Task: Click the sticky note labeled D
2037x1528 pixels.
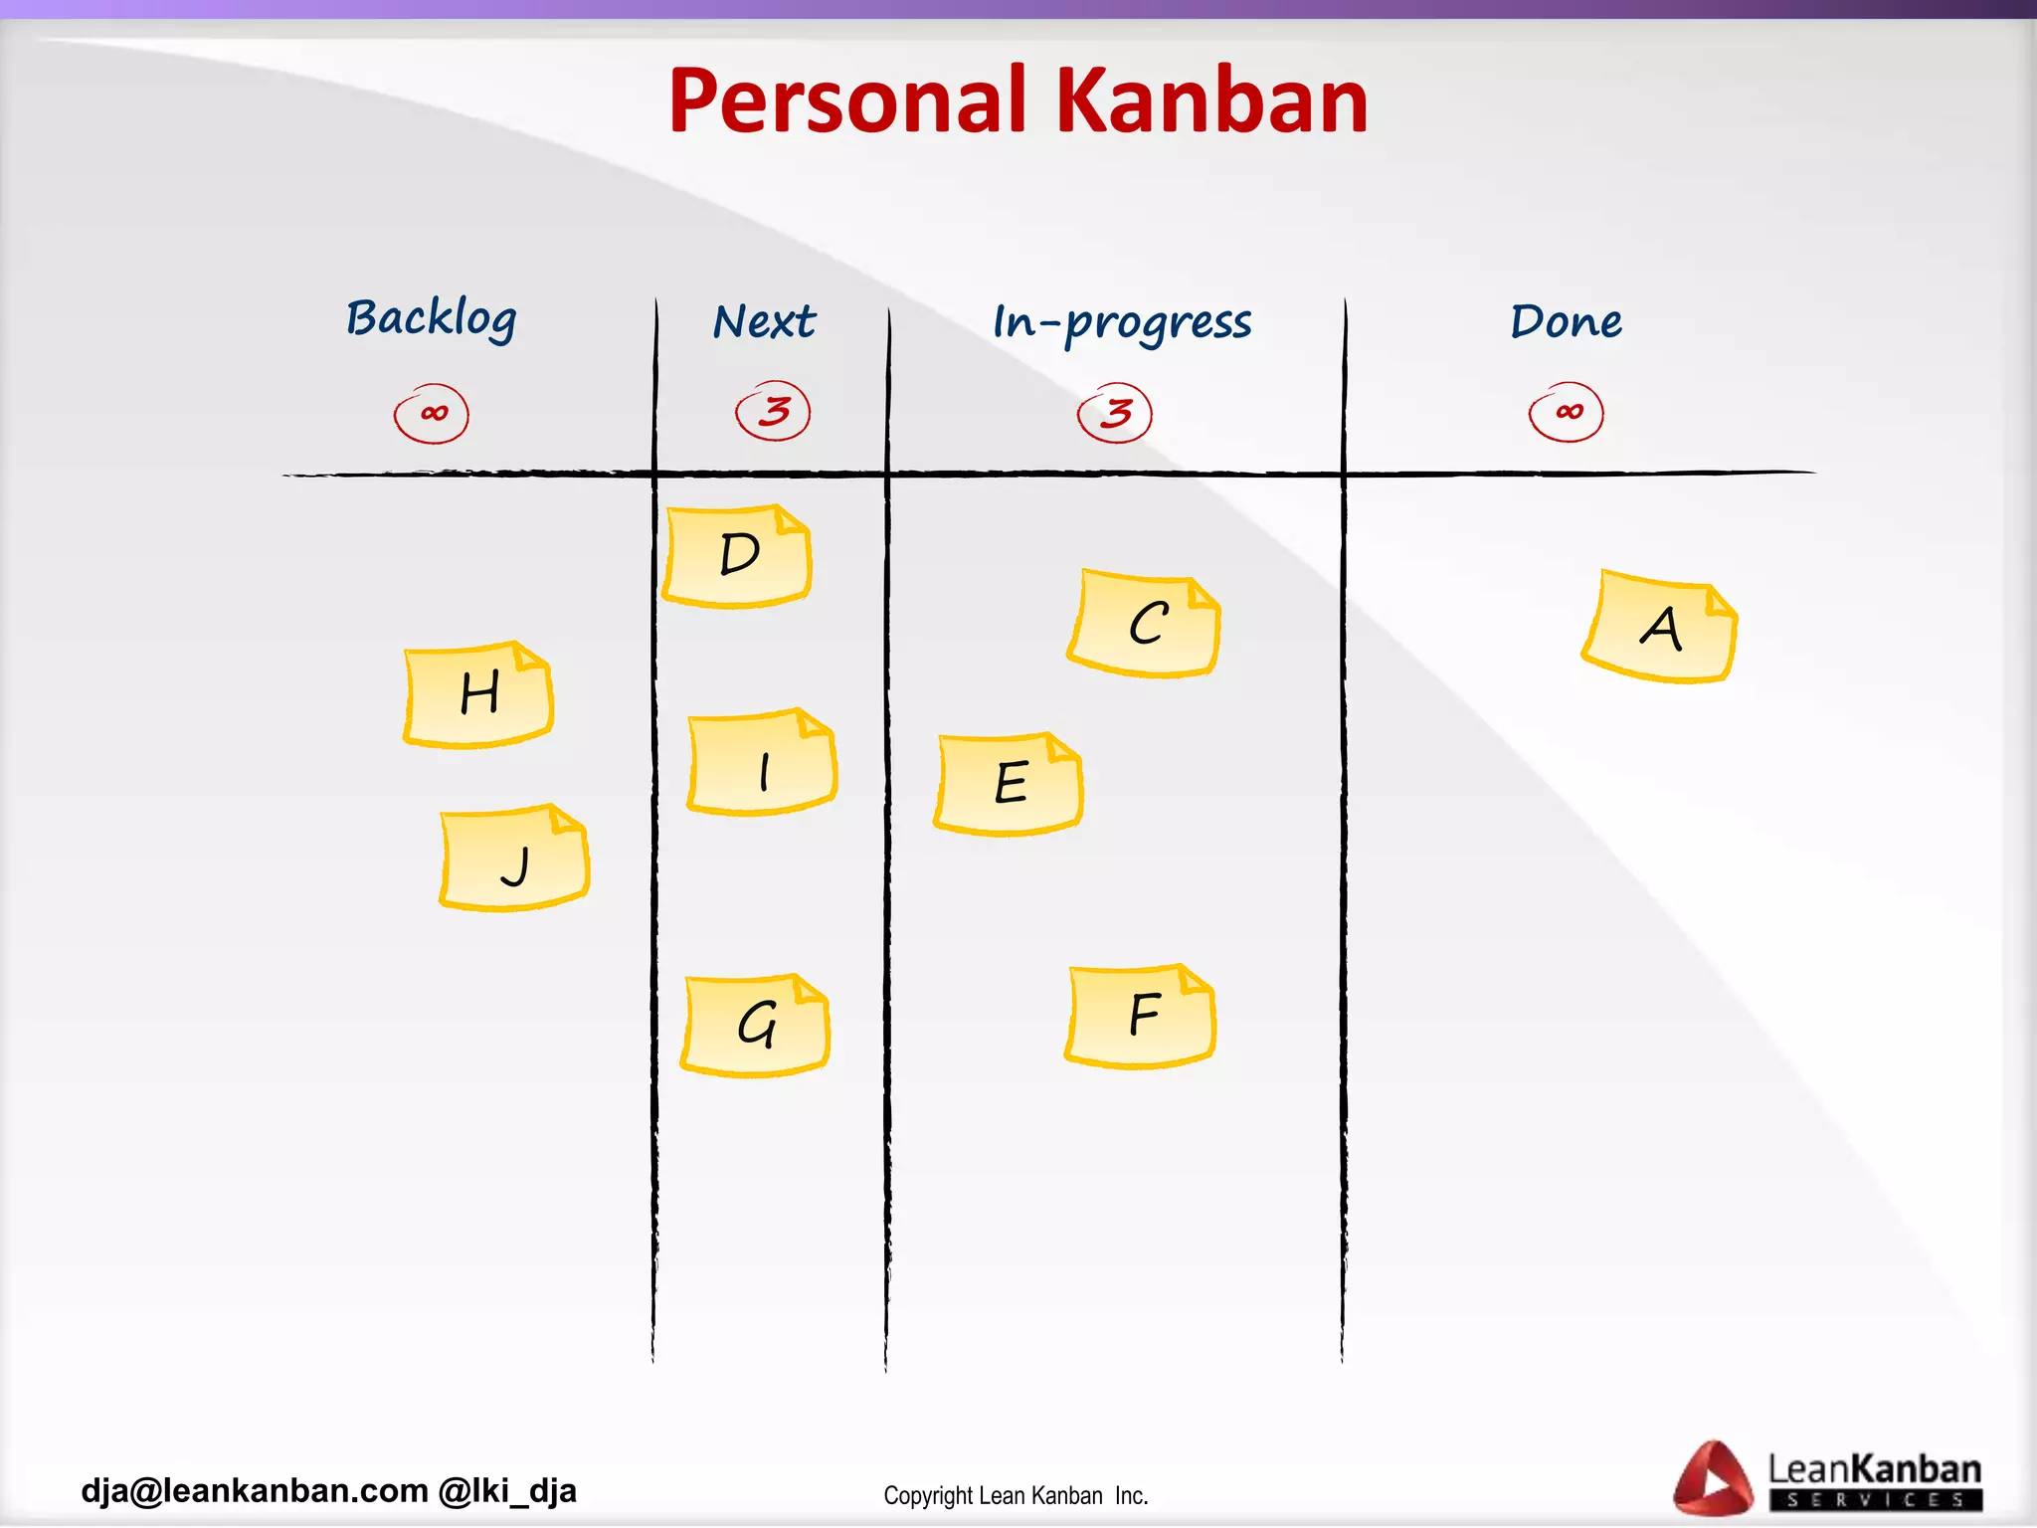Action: coord(737,556)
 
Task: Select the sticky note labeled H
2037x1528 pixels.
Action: coord(478,694)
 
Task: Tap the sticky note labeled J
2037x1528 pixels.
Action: coord(514,859)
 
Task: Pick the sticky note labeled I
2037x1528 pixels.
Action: coord(762,764)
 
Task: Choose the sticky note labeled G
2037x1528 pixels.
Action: coord(756,1025)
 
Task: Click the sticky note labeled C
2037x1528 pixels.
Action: coord(1145,625)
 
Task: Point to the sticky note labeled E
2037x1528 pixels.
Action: coord(1009,784)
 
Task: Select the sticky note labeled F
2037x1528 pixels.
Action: coord(1141,1016)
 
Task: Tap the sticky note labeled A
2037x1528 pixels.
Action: coord(1660,628)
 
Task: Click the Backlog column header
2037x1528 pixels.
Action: coord(432,319)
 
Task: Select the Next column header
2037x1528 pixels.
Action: coord(764,322)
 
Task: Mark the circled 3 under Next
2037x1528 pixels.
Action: coord(774,411)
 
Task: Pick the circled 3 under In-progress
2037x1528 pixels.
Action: coord(1115,413)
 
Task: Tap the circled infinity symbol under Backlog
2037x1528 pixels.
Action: coord(432,414)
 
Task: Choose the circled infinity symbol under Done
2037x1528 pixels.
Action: coord(1567,412)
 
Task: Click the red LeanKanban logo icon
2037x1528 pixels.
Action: coord(1713,1479)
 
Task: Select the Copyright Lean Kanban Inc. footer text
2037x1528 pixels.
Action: coord(1016,1496)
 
